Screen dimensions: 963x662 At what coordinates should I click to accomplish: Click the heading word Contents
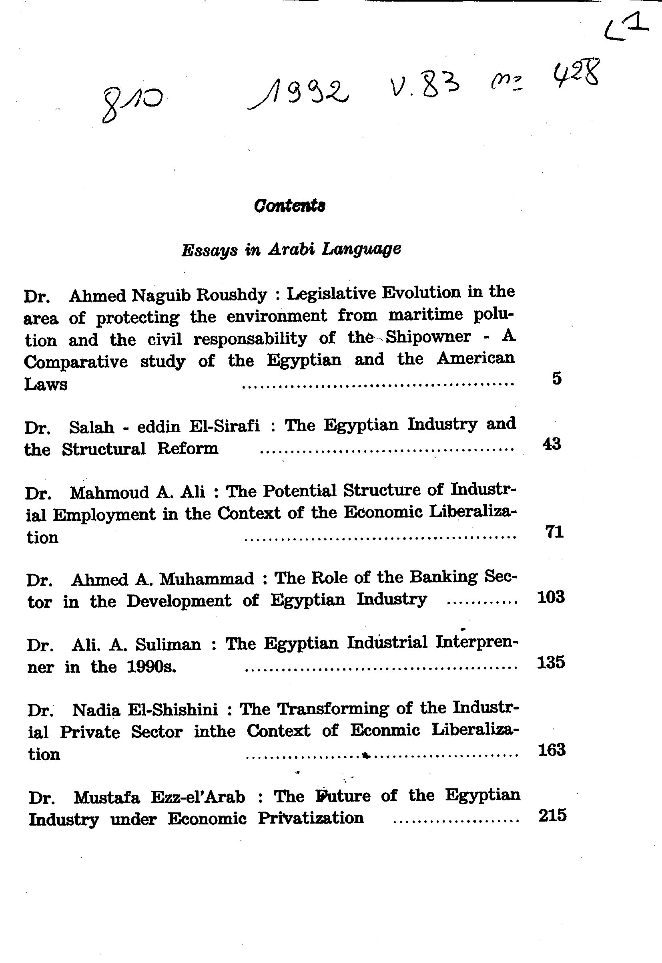(x=289, y=205)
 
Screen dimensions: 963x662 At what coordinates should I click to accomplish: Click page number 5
(x=557, y=379)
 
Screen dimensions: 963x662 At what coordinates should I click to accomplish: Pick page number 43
(x=552, y=444)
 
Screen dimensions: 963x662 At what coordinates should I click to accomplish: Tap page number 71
(x=554, y=531)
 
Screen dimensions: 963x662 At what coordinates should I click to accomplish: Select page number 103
(x=551, y=597)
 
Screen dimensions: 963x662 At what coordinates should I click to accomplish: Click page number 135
(x=551, y=662)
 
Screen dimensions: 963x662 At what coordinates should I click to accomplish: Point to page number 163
(x=551, y=750)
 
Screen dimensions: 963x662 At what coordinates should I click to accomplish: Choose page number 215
(x=552, y=815)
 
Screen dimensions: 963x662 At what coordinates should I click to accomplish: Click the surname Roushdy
(x=232, y=295)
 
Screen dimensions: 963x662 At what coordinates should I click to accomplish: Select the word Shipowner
(x=428, y=336)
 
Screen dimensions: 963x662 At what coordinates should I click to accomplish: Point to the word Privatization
(x=311, y=818)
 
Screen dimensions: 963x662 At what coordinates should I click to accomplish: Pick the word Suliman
(x=168, y=644)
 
